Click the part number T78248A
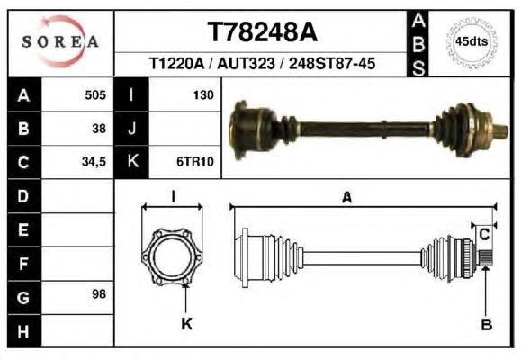[263, 32]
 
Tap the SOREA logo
[60, 41]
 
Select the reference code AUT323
[246, 63]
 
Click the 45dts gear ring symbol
[472, 42]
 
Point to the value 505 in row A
[95, 95]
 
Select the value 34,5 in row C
[94, 162]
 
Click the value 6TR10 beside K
[195, 162]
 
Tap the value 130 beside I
[203, 95]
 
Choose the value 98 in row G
[99, 294]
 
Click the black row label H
[24, 331]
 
